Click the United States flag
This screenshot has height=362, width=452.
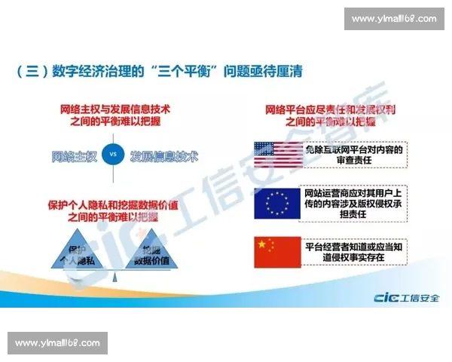click(x=276, y=154)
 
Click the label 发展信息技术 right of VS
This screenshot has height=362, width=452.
click(x=163, y=157)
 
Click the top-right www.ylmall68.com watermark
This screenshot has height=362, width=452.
click(x=393, y=19)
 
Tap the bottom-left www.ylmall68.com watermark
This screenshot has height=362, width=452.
click(x=57, y=343)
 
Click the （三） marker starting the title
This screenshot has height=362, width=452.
click(x=31, y=72)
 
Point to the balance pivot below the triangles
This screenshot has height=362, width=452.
click(x=113, y=277)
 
